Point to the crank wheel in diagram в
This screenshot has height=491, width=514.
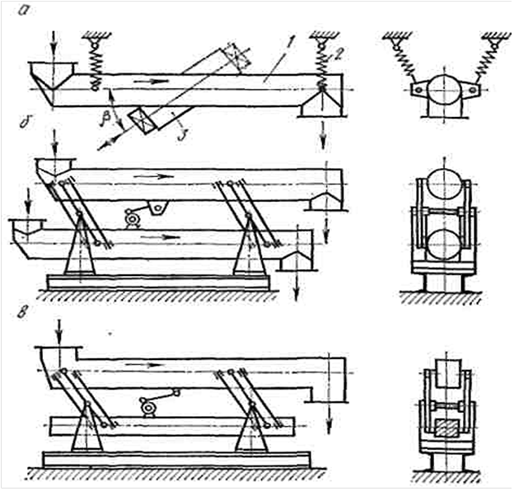(x=147, y=406)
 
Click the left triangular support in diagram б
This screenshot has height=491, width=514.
(x=81, y=245)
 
